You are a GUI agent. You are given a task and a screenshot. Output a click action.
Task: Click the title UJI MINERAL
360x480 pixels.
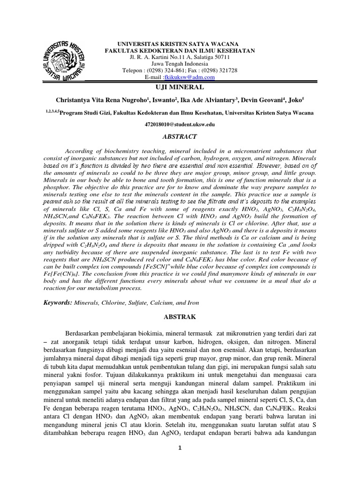tap(180, 88)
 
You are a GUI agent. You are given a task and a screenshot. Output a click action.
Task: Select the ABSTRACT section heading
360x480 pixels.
tap(180, 136)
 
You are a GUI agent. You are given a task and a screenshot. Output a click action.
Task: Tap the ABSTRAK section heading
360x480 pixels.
tap(180, 317)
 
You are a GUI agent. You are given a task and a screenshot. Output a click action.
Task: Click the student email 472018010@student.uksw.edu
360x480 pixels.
tap(180, 124)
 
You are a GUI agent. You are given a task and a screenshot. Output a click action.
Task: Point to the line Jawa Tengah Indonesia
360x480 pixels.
tap(180, 64)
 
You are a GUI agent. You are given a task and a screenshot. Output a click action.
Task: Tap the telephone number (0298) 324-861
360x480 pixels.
tap(164, 70)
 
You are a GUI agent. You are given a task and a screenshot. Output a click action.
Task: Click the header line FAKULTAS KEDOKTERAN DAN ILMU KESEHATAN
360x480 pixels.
tap(180, 50)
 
